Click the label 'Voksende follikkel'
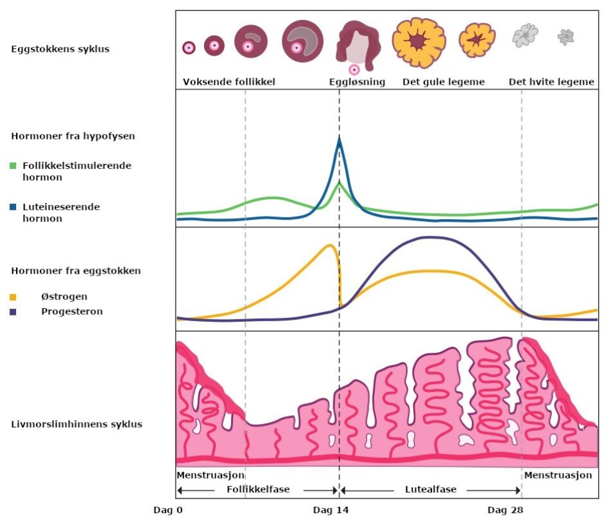pyautogui.click(x=229, y=82)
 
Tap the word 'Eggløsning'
pyautogui.click(x=357, y=82)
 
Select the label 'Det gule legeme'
pyautogui.click(x=443, y=82)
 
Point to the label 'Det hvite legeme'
pyautogui.click(x=551, y=82)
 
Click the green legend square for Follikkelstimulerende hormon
pyautogui.click(x=13, y=166)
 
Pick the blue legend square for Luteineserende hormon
pyautogui.click(x=13, y=207)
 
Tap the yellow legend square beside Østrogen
pyautogui.click(x=13, y=297)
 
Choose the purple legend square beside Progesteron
pyautogui.click(x=13, y=312)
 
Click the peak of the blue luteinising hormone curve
pyautogui.click(x=339, y=139)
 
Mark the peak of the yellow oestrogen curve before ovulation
pyautogui.click(x=331, y=245)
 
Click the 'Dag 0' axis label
pyautogui.click(x=168, y=511)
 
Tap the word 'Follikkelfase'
pyautogui.click(x=258, y=489)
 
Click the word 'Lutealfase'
pyautogui.click(x=431, y=489)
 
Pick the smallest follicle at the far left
pyautogui.click(x=189, y=48)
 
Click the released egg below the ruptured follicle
pyautogui.click(x=354, y=69)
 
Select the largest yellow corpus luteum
pyautogui.click(x=418, y=42)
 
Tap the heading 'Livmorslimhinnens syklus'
pyautogui.click(x=77, y=425)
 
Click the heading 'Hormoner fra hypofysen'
pyautogui.click(x=73, y=136)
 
